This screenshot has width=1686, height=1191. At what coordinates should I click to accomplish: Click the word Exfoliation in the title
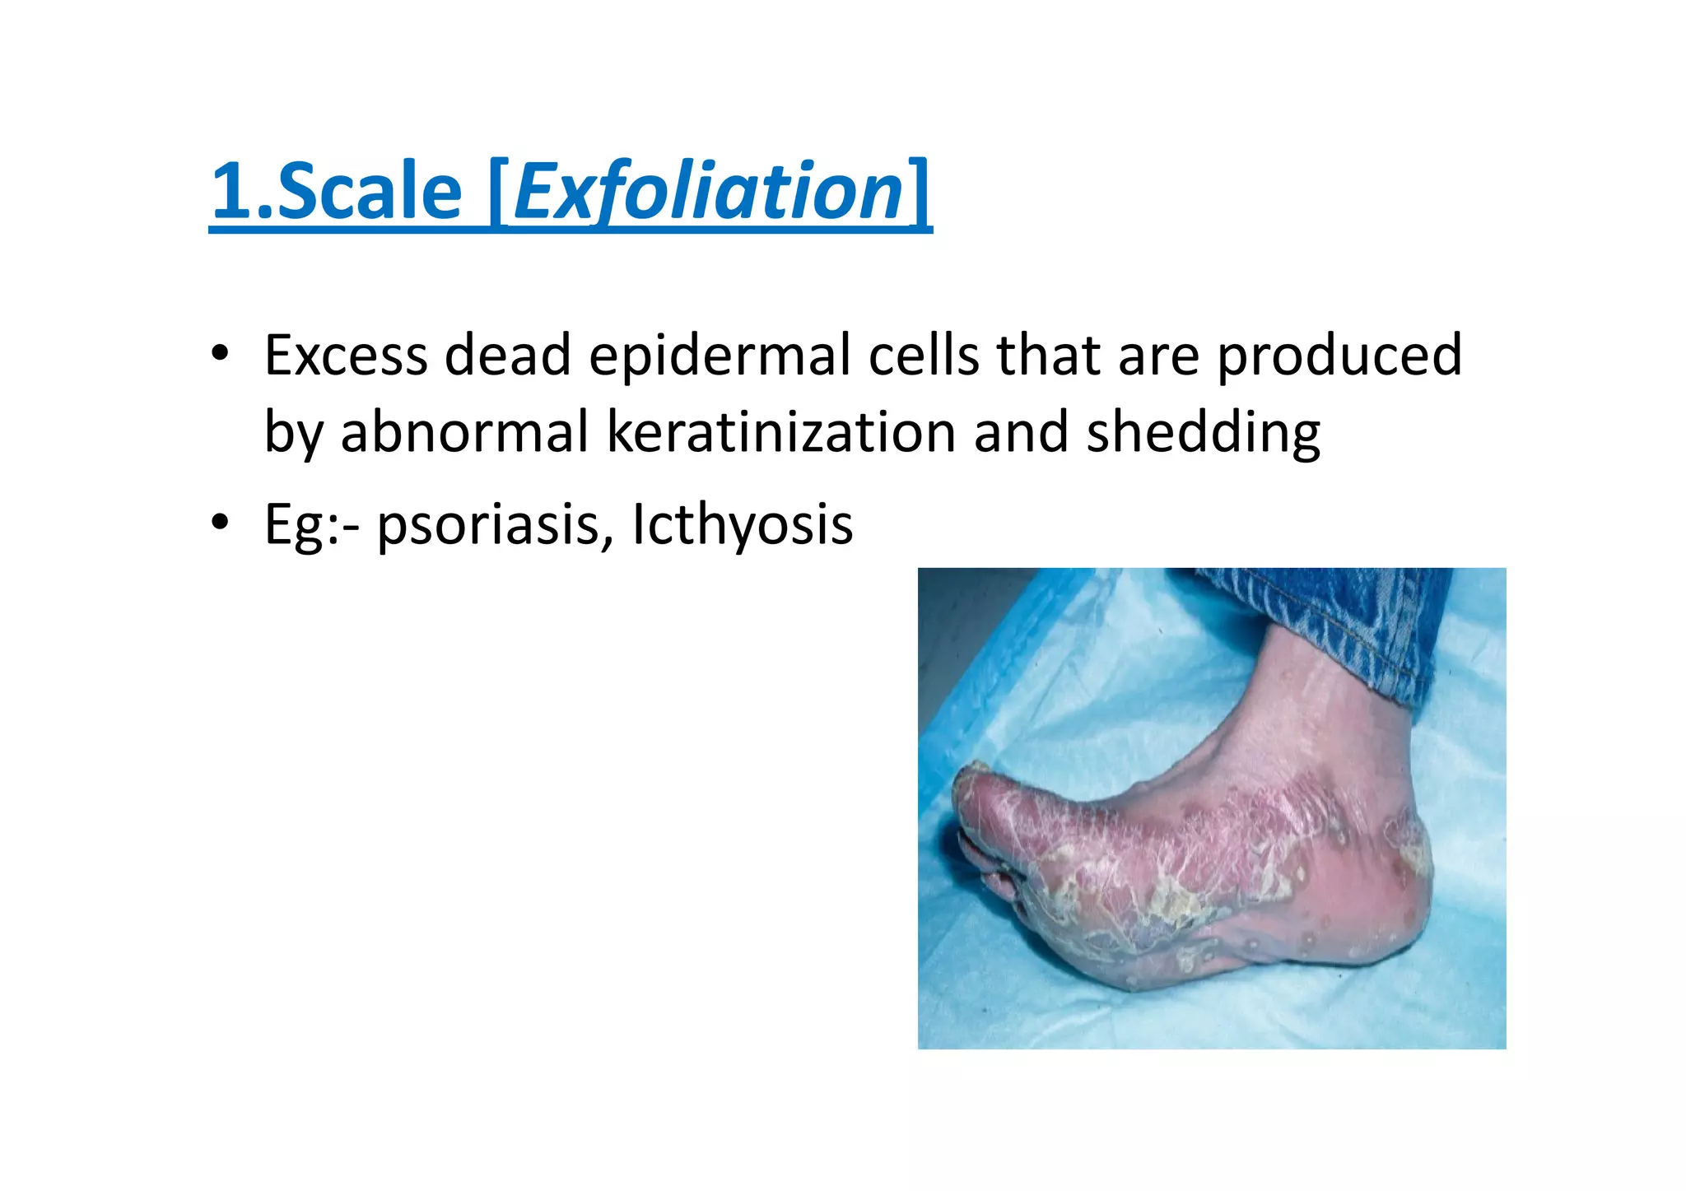(x=710, y=193)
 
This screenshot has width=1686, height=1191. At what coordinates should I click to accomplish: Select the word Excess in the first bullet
(x=346, y=356)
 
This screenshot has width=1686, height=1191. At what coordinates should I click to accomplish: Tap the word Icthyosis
(x=743, y=524)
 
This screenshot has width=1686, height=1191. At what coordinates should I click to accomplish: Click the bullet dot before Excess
(x=219, y=354)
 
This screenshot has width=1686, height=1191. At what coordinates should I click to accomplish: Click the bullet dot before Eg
(x=219, y=522)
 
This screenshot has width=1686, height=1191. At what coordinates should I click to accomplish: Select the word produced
(x=1339, y=356)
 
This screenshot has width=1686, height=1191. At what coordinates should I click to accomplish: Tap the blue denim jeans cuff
(x=1350, y=626)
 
